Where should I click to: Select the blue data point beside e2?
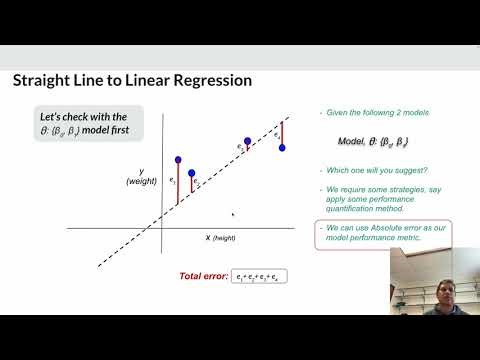pos(192,173)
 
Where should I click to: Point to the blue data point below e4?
pos(283,147)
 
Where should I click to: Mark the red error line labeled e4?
pos(283,133)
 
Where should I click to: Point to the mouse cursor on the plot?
pos(233,213)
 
